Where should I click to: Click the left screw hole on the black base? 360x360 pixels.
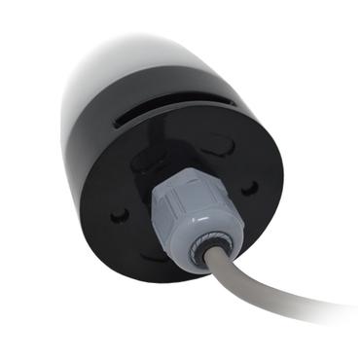(x=119, y=214)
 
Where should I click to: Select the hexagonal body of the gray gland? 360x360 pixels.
(x=175, y=195)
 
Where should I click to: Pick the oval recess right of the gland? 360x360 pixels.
(x=226, y=146)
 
